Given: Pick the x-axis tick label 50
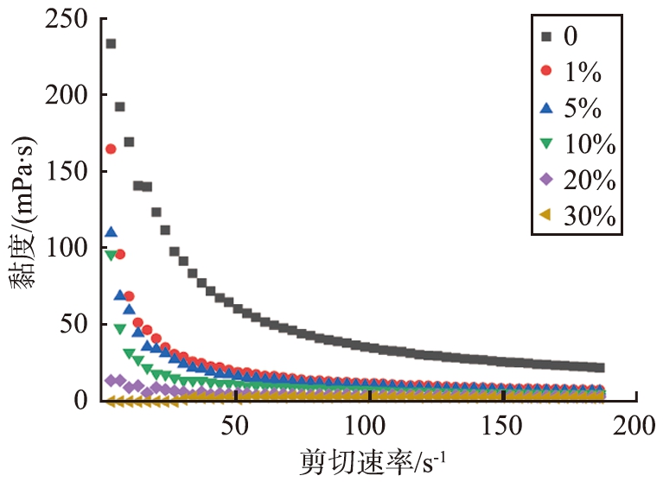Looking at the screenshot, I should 236,424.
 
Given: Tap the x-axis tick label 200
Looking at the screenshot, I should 636,424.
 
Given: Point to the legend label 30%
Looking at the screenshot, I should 588,218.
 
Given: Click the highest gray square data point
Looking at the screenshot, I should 111,44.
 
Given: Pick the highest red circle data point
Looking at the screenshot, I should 111,149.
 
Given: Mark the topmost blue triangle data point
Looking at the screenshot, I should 111,232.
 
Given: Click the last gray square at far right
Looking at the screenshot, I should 600,368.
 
